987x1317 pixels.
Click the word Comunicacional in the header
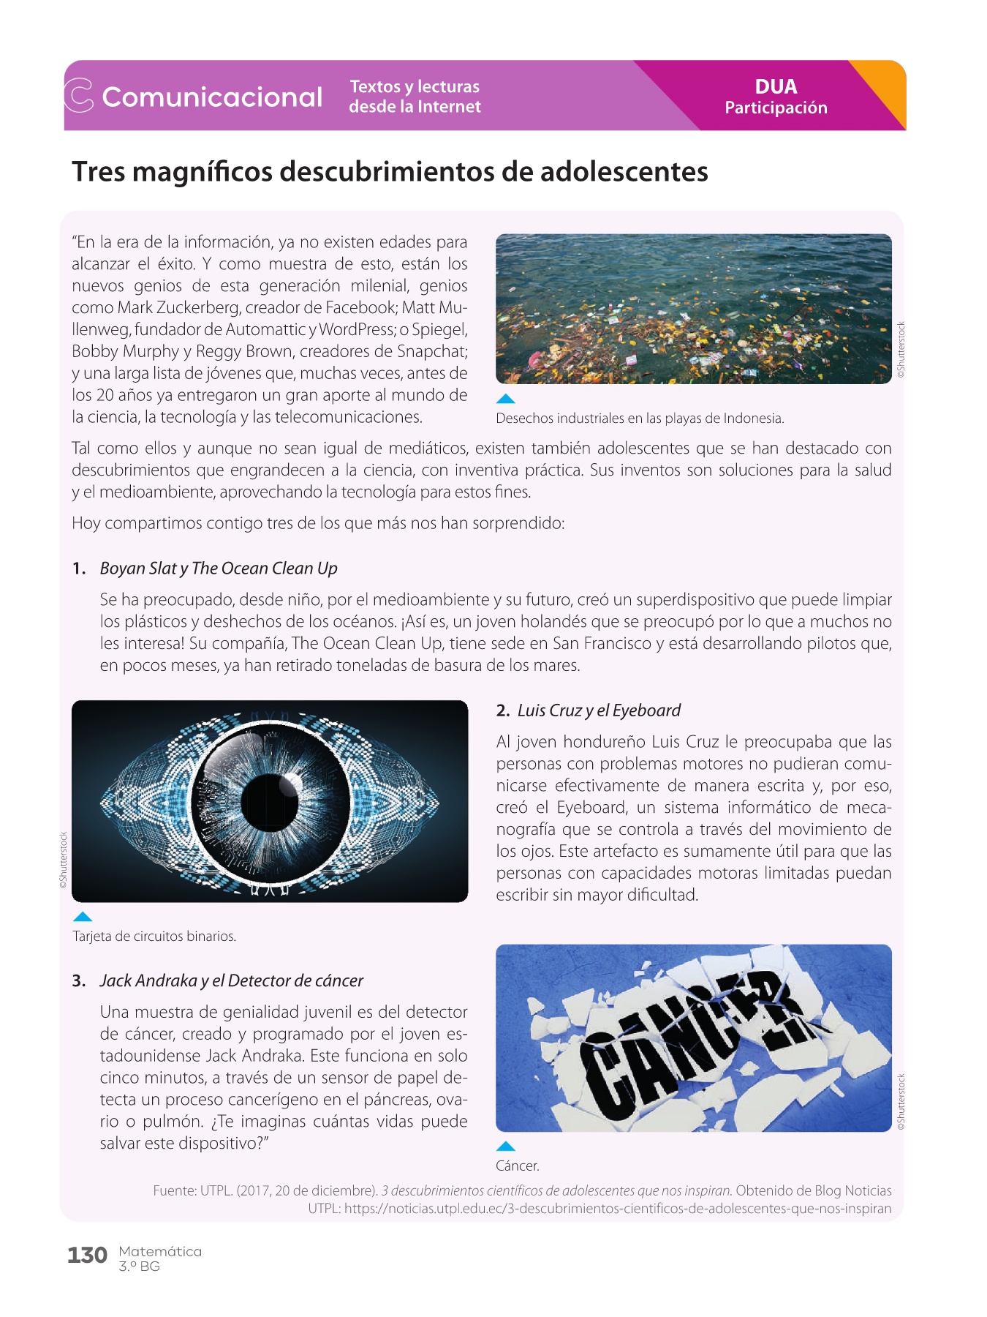(x=212, y=97)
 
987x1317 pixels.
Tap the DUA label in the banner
(x=776, y=86)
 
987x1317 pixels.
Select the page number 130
(x=87, y=1256)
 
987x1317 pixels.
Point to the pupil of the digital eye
(x=269, y=802)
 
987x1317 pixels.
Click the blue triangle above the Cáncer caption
(x=505, y=1147)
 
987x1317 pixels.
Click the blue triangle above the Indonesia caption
(x=505, y=399)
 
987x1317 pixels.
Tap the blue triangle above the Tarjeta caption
(x=83, y=917)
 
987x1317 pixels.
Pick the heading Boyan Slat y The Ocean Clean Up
(x=219, y=569)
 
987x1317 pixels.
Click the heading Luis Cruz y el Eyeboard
(x=599, y=710)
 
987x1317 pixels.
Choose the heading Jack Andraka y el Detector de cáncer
(x=231, y=980)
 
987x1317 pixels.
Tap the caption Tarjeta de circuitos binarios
(x=154, y=937)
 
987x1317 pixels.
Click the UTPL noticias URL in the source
(x=617, y=1209)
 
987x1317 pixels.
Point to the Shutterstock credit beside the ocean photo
(x=901, y=350)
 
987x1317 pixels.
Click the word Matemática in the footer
(x=160, y=1251)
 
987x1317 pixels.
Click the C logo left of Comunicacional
(x=79, y=96)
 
